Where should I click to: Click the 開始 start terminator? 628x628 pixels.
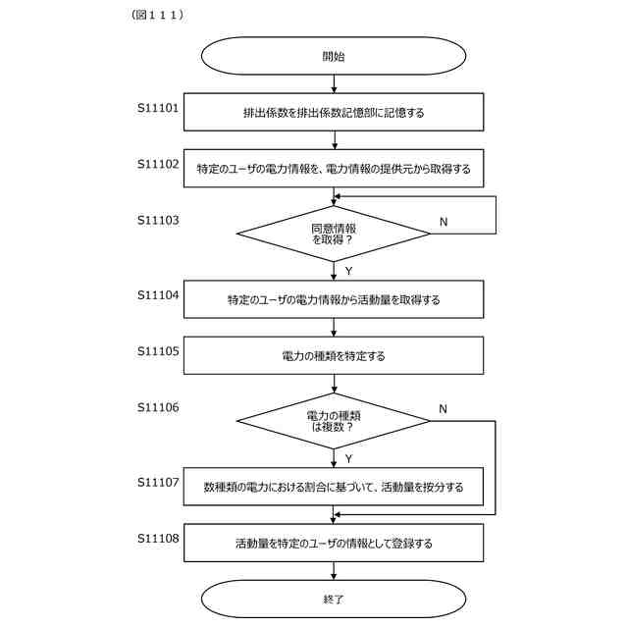pyautogui.click(x=334, y=57)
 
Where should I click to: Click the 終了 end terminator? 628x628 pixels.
pyautogui.click(x=334, y=598)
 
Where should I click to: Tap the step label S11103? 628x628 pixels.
pyautogui.click(x=158, y=221)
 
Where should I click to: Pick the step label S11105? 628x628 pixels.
pyautogui.click(x=158, y=350)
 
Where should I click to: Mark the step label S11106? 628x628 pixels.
pyautogui.click(x=158, y=407)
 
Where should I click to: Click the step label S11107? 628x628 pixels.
pyautogui.click(x=158, y=482)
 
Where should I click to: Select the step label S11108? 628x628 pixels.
pyautogui.click(x=158, y=538)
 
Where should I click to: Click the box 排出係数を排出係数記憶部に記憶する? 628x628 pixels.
pyautogui.click(x=334, y=112)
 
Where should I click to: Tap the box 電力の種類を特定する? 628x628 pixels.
pyautogui.click(x=334, y=355)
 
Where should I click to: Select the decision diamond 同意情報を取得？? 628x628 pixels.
pyautogui.click(x=334, y=234)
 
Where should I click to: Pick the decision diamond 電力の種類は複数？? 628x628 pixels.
pyautogui.click(x=334, y=421)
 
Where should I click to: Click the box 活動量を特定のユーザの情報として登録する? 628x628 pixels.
pyautogui.click(x=334, y=543)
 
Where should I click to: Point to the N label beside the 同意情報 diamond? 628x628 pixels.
pyautogui.click(x=444, y=222)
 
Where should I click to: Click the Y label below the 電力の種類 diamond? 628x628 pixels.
pyautogui.click(x=348, y=458)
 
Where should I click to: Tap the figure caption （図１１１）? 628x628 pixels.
pyautogui.click(x=158, y=16)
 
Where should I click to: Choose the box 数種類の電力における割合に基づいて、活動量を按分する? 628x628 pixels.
pyautogui.click(x=334, y=487)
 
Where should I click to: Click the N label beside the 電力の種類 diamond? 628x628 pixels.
pyautogui.click(x=444, y=408)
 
